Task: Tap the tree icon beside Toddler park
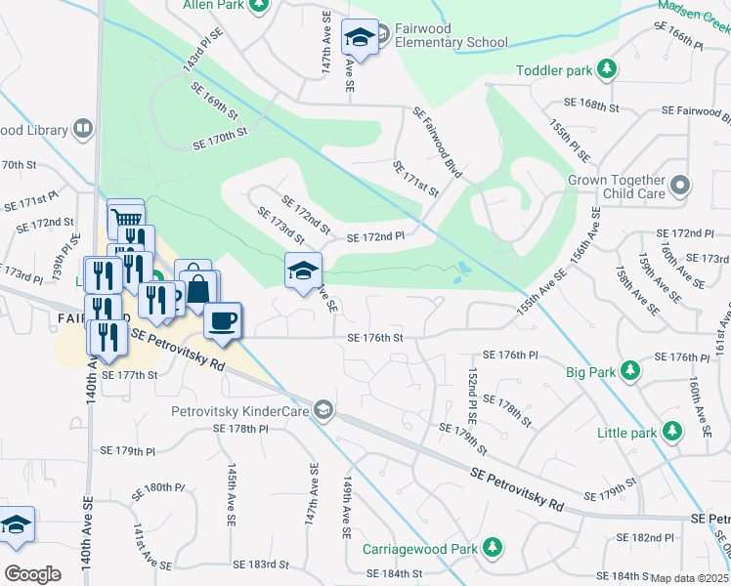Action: (608, 70)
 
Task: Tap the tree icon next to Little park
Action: (671, 431)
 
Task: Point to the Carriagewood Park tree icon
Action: (495, 548)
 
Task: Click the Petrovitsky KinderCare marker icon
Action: (322, 410)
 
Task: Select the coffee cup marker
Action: (224, 320)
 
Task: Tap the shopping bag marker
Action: (198, 289)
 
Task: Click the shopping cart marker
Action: (124, 218)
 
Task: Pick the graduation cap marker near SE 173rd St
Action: (303, 270)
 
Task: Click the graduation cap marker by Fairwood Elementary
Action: (359, 39)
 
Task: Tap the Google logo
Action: (32, 573)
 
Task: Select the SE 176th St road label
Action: (375, 338)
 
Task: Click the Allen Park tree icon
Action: (259, 6)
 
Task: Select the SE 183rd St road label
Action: (261, 565)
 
